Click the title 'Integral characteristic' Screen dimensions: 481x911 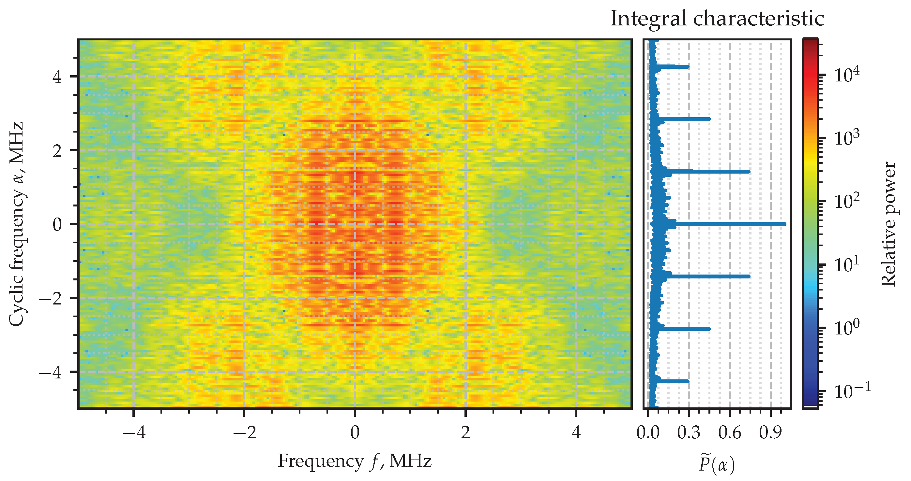pos(717,18)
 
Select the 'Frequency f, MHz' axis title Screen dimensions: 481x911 pos(354,461)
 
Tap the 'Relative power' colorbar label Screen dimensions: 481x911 pos(888,224)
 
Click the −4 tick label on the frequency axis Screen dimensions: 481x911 pos(134,432)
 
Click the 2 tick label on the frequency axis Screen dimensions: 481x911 pos(465,432)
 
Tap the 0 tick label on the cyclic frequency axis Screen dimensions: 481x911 pos(57,225)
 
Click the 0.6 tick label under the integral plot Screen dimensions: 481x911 pos(730,432)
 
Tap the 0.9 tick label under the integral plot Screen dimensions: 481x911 pos(771,432)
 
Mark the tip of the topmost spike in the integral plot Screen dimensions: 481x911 pos(688,66)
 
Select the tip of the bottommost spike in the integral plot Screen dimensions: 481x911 pos(688,381)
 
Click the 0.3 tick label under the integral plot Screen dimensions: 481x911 pos(689,432)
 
